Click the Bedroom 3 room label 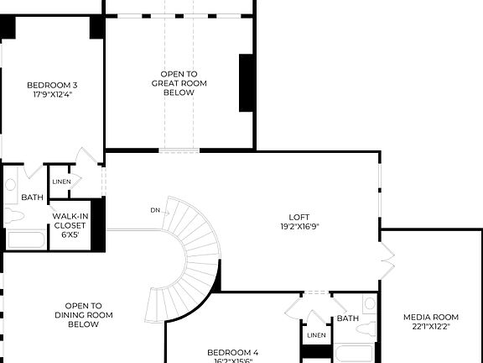point(51,85)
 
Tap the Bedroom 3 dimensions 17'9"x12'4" point(51,94)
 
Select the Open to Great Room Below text point(179,83)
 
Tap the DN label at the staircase point(155,210)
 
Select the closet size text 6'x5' point(70,235)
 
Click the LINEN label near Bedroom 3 point(61,181)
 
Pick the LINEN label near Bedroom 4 point(316,335)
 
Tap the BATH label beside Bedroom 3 point(32,197)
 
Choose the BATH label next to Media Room point(347,319)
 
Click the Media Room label point(431,317)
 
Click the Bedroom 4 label point(232,352)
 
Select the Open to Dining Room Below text point(84,315)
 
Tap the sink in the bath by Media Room point(370,304)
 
